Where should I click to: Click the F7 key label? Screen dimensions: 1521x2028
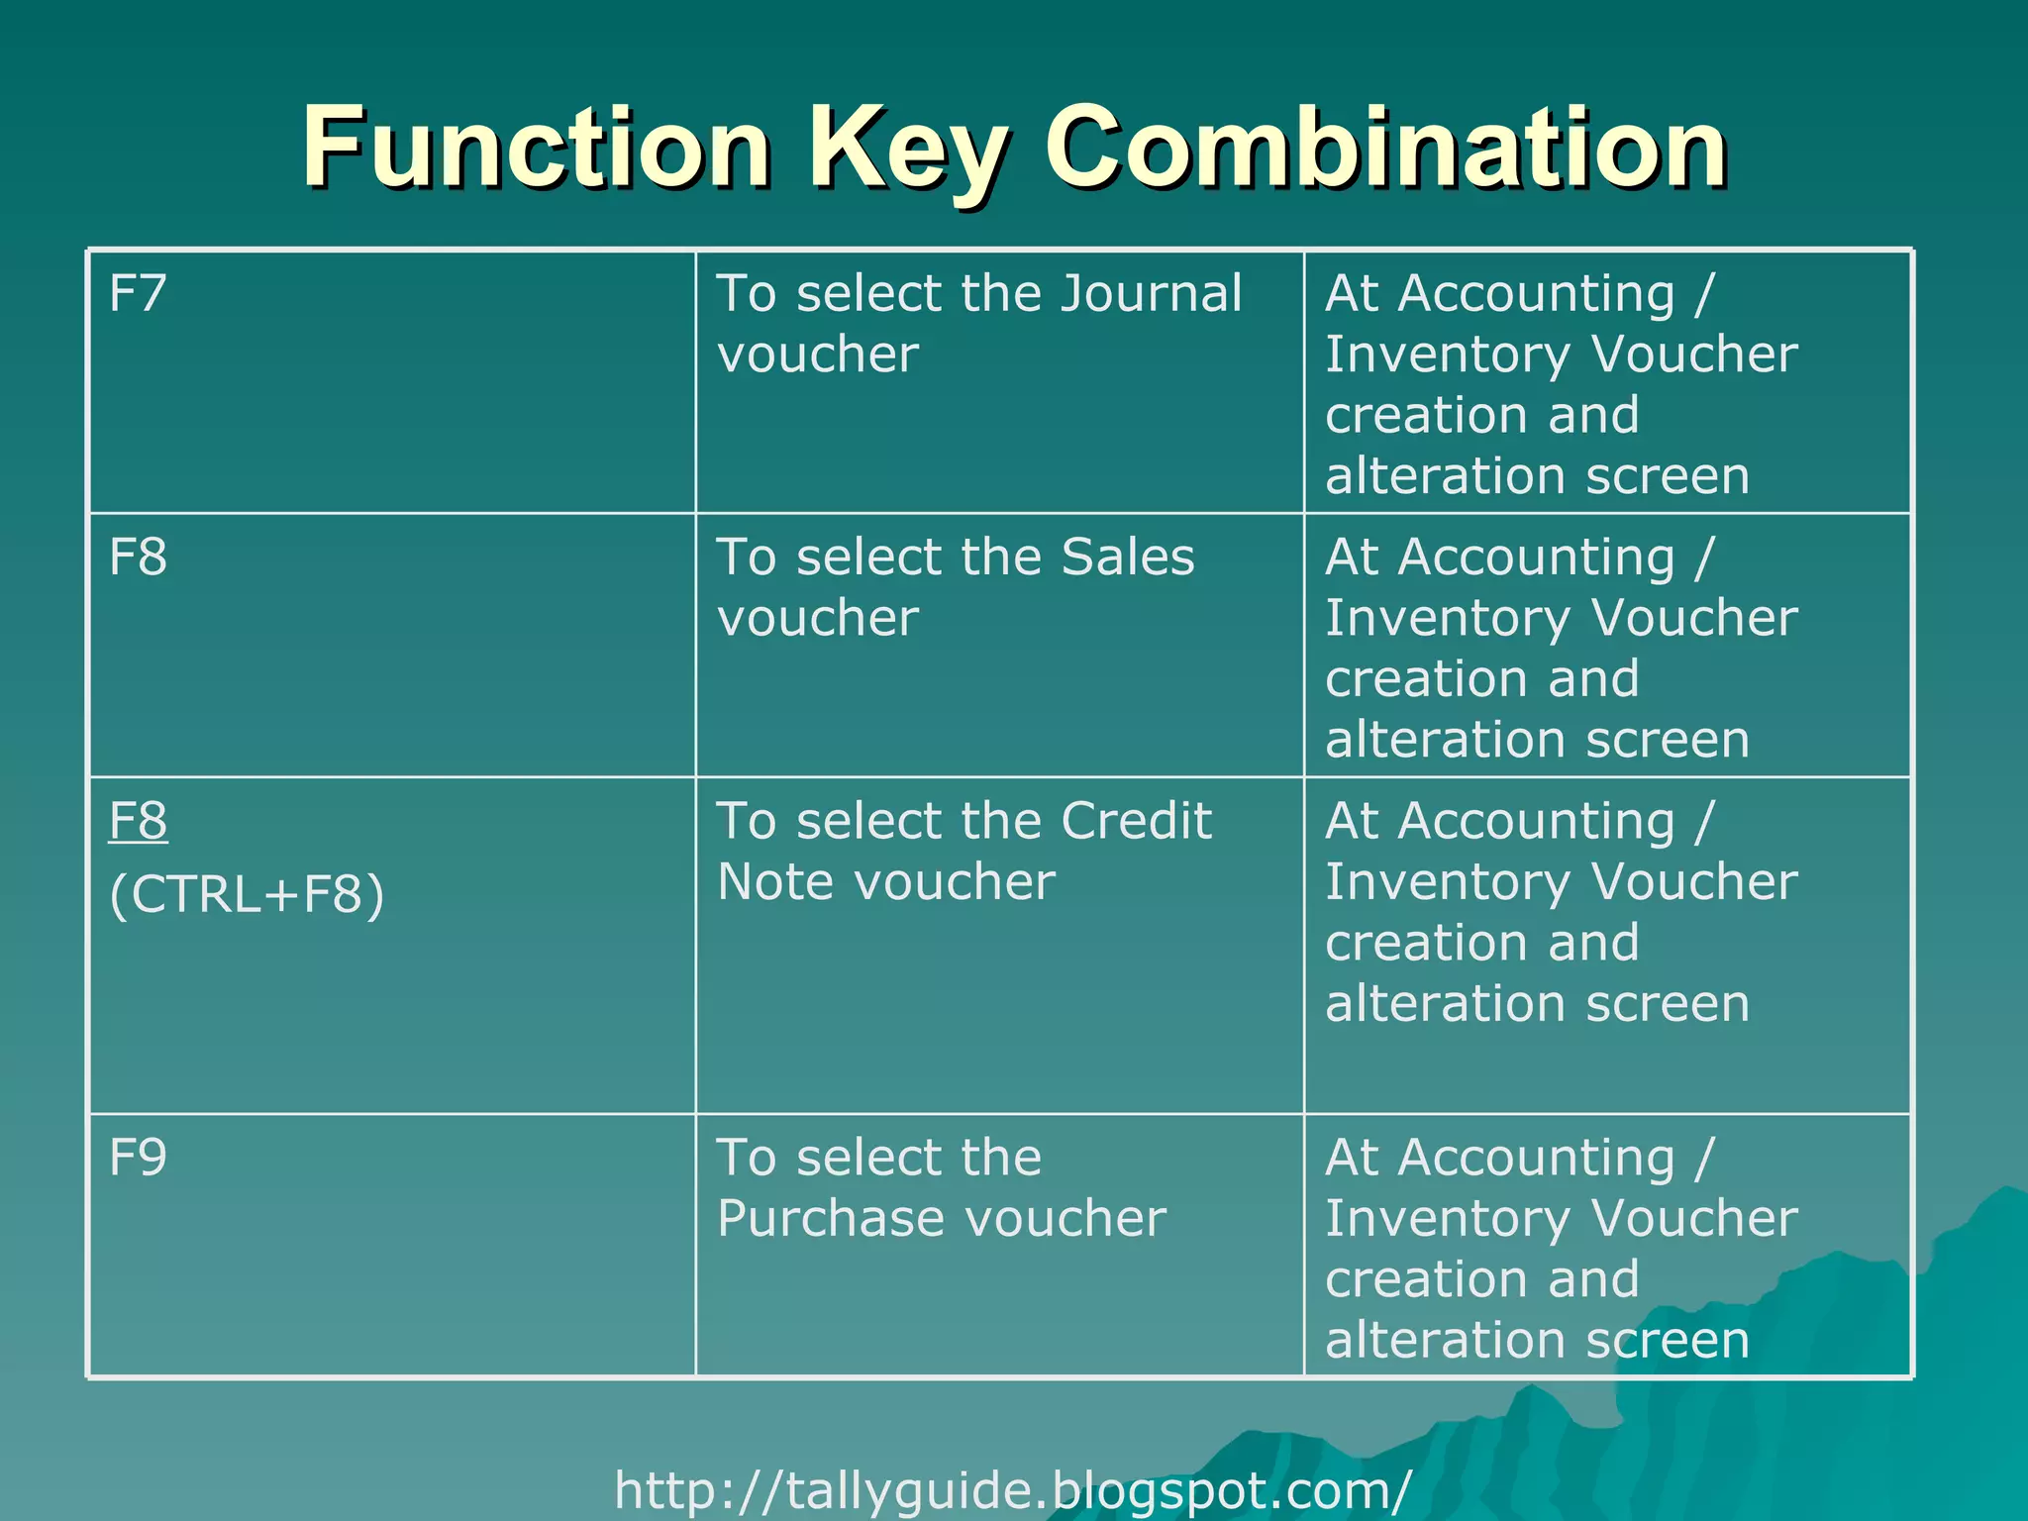click(138, 294)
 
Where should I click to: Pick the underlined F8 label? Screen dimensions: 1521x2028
click(138, 822)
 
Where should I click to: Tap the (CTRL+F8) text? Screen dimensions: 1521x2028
click(247, 894)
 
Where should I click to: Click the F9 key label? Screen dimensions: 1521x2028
click(138, 1158)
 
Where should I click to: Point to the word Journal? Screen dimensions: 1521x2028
click(1151, 294)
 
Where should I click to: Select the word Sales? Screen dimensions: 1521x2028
click(1128, 558)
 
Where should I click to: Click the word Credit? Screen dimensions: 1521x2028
click(1136, 822)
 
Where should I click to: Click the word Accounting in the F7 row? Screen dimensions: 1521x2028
click(1536, 294)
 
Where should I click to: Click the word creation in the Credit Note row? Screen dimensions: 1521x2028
click(1427, 943)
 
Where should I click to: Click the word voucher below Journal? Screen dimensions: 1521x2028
click(818, 355)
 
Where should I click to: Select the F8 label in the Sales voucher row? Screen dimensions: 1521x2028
click(138, 558)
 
